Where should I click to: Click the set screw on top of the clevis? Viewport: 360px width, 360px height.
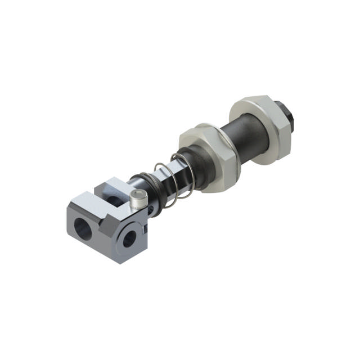[138, 197]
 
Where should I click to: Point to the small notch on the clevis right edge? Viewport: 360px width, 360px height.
[145, 227]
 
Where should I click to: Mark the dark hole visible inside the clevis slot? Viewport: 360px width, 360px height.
[115, 200]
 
